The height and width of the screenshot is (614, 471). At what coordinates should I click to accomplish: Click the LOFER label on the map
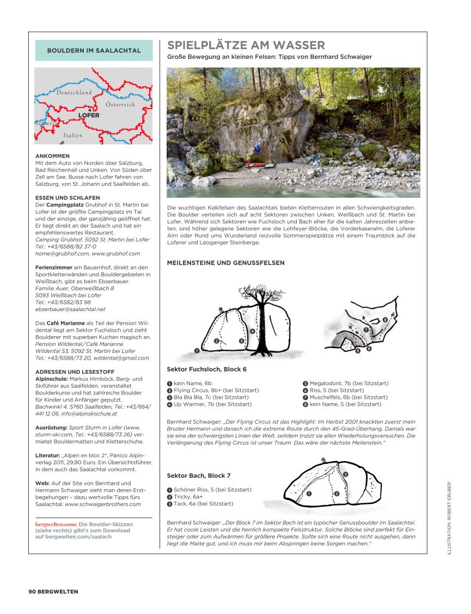coord(89,115)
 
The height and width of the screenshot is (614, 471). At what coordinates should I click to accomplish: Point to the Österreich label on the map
coord(120,104)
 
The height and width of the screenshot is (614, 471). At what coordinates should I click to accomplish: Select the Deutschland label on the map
coord(74,93)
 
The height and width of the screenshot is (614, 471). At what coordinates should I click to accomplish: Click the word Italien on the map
coord(73,135)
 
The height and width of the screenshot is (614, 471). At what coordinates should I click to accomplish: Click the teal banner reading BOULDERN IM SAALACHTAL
coord(94,51)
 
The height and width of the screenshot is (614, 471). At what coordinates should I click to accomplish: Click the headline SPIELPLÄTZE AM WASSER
coord(246,45)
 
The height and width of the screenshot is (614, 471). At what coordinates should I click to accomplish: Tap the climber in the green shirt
coord(249,154)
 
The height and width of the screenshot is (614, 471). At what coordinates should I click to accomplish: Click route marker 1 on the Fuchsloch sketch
coord(196,350)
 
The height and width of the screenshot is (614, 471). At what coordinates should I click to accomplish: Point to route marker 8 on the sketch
coord(385,319)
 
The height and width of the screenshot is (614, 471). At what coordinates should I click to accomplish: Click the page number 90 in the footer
coord(32,591)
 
